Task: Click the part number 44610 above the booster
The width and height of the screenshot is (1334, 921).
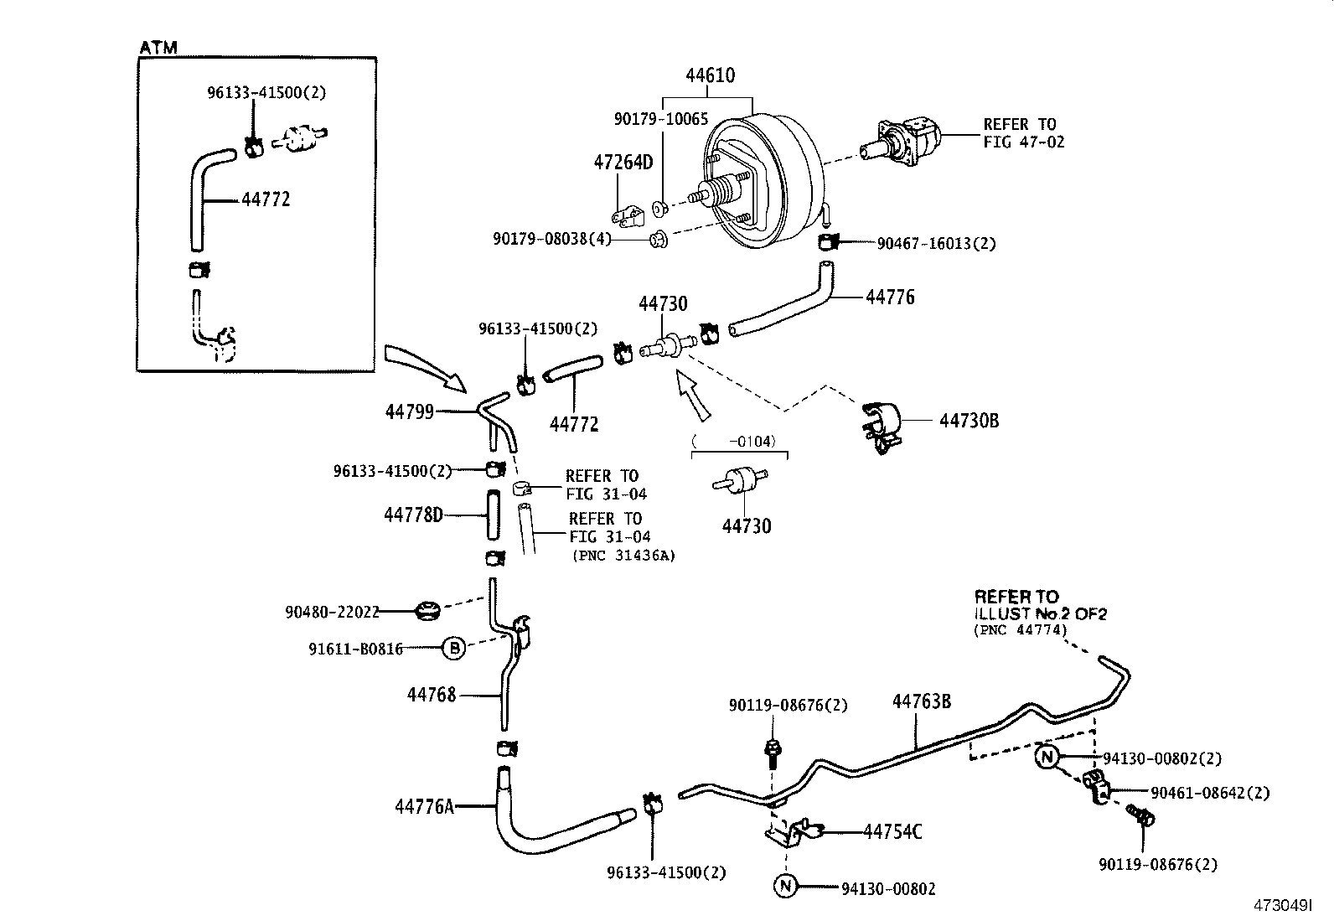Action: [x=710, y=75]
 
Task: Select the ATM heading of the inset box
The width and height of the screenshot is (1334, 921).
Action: [x=158, y=48]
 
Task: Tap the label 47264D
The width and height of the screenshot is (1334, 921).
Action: [x=623, y=162]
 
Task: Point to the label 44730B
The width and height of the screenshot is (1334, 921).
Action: [x=969, y=421]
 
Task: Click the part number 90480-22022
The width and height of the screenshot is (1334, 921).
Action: [x=332, y=613]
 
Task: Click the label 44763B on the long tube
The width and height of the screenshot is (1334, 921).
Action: [x=921, y=701]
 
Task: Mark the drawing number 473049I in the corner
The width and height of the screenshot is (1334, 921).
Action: [x=1281, y=906]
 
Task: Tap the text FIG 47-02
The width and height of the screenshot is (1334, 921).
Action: [x=1024, y=142]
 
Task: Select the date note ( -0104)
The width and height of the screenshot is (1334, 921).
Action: [x=734, y=441]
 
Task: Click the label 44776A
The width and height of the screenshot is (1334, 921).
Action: [x=424, y=806]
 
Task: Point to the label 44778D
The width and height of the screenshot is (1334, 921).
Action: [x=413, y=515]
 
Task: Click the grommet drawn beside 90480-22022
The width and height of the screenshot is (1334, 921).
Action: [x=428, y=610]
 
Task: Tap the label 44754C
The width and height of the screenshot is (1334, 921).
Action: [x=892, y=831]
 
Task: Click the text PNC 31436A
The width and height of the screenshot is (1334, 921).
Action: [x=623, y=555]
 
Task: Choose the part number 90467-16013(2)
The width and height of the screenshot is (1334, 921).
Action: [x=936, y=244]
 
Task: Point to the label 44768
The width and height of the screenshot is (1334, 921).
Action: [x=432, y=695]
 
